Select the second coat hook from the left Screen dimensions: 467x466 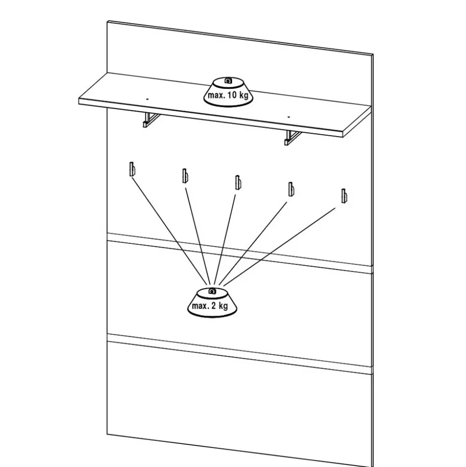click(184, 176)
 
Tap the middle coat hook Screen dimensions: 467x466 click(237, 182)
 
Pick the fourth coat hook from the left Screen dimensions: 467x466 click(290, 189)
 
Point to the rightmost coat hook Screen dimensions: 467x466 click(343, 195)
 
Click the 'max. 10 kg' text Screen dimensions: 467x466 click(228, 95)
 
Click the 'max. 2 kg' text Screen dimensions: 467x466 click(210, 306)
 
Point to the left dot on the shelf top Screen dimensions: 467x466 click(147, 98)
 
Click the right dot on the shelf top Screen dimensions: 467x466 click(289, 116)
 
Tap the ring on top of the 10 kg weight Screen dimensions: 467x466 click(229, 80)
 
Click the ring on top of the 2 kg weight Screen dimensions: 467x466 click(212, 291)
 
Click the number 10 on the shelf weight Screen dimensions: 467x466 click(232, 95)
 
